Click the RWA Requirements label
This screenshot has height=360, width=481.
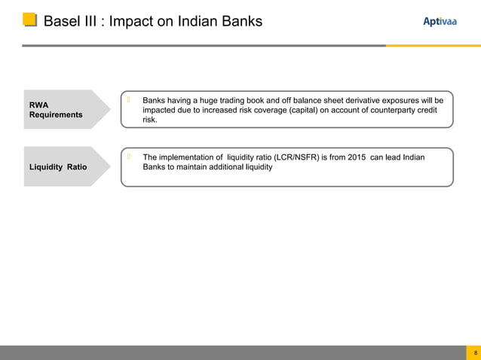click(x=56, y=109)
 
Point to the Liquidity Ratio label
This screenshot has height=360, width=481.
click(x=57, y=166)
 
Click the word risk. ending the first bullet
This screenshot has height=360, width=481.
click(x=150, y=120)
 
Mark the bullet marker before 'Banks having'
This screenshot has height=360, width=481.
click(x=130, y=99)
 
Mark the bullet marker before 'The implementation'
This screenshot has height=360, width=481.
click(x=130, y=156)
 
